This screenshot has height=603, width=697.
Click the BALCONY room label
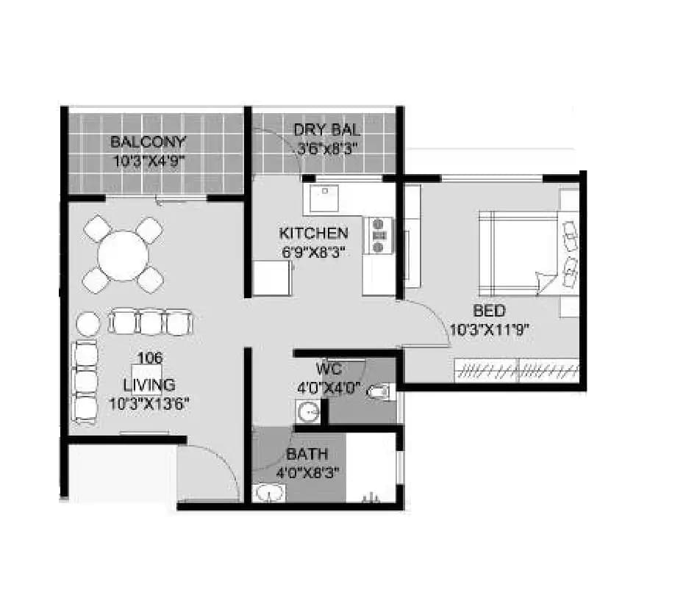(x=148, y=142)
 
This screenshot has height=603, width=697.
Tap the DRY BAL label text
(x=327, y=130)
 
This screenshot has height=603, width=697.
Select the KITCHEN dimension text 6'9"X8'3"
(x=313, y=250)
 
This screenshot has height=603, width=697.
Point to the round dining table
(x=123, y=256)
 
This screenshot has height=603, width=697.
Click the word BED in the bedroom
(x=489, y=311)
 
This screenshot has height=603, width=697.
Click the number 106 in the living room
(x=149, y=358)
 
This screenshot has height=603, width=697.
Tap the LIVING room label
(x=149, y=385)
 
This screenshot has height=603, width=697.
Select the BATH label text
(x=307, y=454)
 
